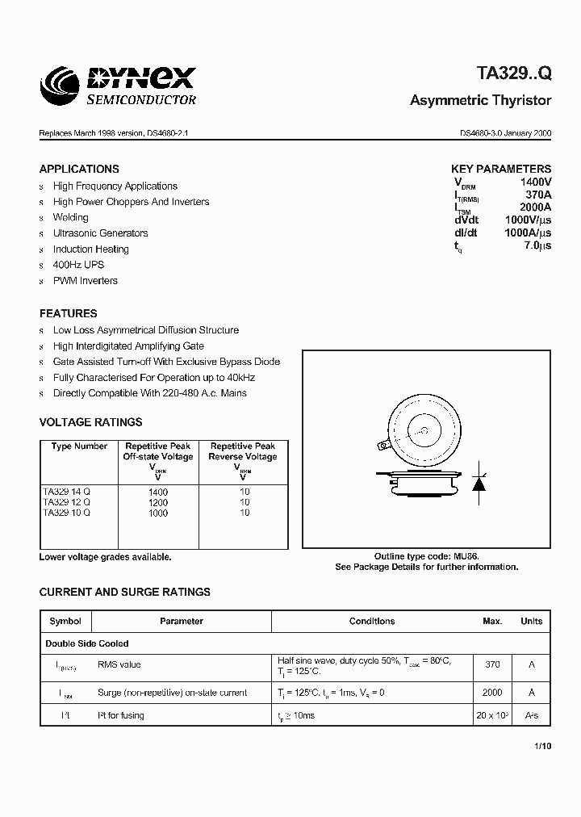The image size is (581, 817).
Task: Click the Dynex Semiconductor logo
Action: (x=119, y=86)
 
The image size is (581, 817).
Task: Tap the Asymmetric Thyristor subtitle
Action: (x=480, y=101)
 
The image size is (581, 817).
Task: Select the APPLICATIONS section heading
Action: (x=79, y=169)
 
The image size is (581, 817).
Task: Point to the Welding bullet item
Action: (x=71, y=217)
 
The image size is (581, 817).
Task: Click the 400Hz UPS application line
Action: (x=78, y=265)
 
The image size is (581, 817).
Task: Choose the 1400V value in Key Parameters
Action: (x=535, y=183)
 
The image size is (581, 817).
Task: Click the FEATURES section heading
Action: (x=68, y=313)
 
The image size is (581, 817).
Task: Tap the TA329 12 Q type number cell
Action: (x=66, y=502)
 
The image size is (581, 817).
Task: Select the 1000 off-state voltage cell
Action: (x=158, y=513)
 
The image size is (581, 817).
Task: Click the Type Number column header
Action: (x=79, y=446)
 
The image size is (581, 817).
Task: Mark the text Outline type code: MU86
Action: (x=426, y=557)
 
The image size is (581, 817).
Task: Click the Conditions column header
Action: (x=372, y=622)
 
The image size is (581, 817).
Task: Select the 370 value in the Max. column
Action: (x=492, y=664)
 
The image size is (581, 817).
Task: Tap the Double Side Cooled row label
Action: (x=86, y=643)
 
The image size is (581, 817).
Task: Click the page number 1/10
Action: (x=542, y=747)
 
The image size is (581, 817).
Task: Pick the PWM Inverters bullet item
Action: (x=85, y=281)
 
